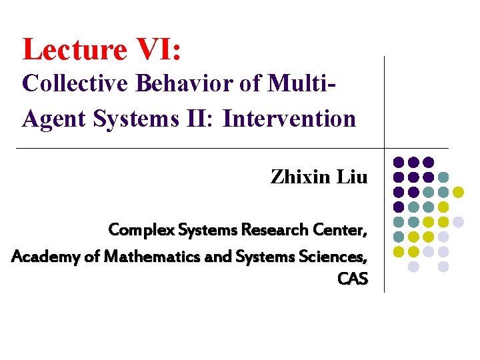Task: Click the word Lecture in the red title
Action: click(x=73, y=50)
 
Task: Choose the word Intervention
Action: click(x=289, y=119)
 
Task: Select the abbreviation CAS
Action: click(x=353, y=279)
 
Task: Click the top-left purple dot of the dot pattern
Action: click(x=399, y=162)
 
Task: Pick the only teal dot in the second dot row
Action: click(x=443, y=177)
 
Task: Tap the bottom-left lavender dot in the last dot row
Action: click(x=413, y=267)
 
